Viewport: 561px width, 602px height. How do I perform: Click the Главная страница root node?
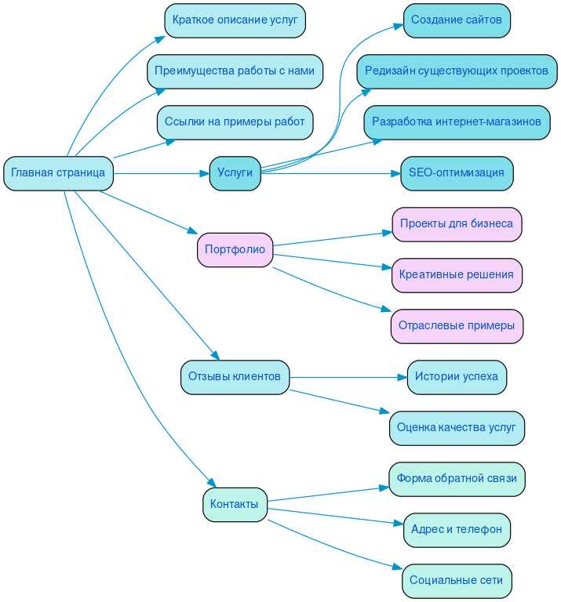coord(58,173)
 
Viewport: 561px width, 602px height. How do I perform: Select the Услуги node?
coord(235,173)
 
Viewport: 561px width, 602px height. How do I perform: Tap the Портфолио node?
coord(235,250)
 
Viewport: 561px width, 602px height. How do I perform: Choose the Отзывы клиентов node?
coord(235,377)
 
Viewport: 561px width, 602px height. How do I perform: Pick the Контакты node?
coord(235,504)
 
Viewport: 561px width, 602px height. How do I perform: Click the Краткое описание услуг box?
coord(235,20)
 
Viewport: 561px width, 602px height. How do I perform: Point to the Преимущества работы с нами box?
coord(235,71)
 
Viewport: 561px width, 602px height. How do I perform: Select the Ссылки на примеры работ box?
coord(235,122)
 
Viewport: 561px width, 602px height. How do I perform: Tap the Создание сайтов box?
coord(457,20)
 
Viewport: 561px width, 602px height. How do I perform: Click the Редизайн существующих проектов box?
coord(457,71)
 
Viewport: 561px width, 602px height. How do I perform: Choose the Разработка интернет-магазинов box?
coord(457,122)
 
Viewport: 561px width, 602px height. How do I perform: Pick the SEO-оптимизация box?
coord(457,173)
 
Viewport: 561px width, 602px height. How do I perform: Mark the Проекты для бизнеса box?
coord(457,224)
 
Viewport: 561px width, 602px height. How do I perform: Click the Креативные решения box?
coord(457,275)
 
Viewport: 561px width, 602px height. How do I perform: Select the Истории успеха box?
coord(457,377)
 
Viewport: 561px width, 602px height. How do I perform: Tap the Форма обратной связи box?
coord(457,478)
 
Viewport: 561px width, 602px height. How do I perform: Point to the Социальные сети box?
coord(457,581)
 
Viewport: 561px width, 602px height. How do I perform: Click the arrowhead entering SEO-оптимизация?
coord(395,173)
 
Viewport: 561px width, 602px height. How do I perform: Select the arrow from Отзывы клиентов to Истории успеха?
coord(345,377)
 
